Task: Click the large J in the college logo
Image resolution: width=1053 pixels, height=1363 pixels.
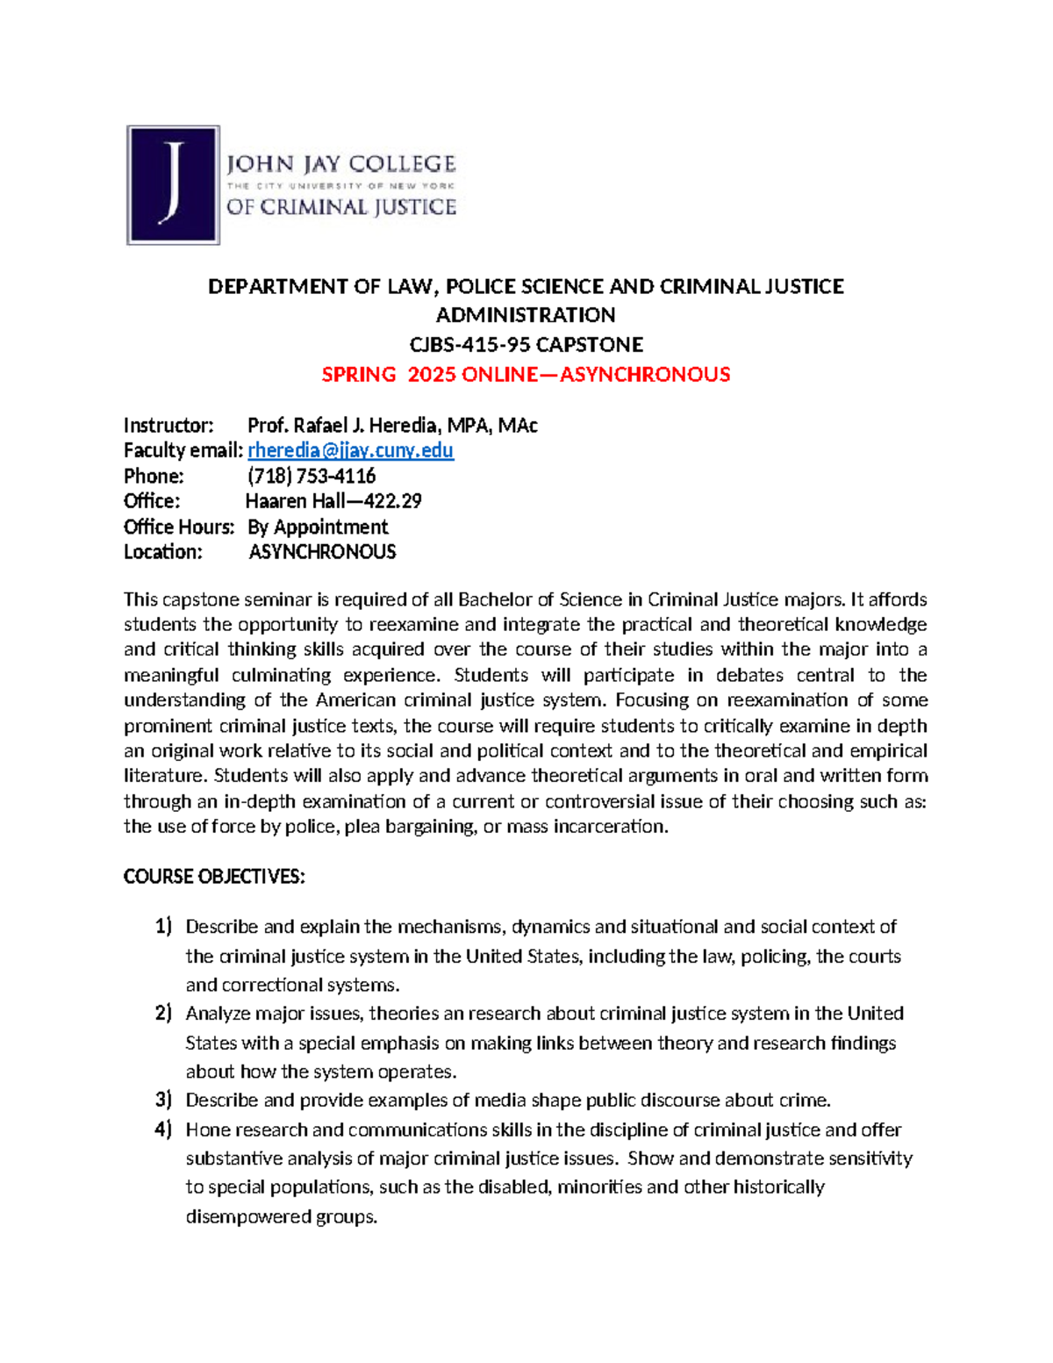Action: (174, 184)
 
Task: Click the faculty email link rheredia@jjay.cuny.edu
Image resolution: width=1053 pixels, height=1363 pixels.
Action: (350, 451)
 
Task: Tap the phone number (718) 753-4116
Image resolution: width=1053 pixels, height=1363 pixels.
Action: (312, 477)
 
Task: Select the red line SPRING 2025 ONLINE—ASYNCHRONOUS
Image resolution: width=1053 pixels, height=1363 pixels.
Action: (526, 375)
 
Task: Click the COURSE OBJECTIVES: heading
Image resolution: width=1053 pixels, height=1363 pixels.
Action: (214, 877)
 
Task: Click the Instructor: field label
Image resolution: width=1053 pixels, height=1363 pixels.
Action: (168, 426)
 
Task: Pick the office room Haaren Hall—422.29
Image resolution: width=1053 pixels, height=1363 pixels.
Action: (333, 501)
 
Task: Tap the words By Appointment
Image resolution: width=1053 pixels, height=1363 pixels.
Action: (318, 527)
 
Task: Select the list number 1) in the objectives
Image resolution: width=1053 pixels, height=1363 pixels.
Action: (164, 927)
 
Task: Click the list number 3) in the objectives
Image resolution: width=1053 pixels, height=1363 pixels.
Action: (164, 1101)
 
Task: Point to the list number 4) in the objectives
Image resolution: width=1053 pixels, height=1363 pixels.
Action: (164, 1130)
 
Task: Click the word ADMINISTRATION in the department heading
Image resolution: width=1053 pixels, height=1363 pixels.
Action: (526, 315)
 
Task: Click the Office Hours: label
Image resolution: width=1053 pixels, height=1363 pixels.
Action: (179, 527)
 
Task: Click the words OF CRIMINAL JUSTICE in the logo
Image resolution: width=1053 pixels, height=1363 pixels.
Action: (341, 207)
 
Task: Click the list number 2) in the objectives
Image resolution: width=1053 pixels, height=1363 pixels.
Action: (164, 1014)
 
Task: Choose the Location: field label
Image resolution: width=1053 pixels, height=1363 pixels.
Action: (163, 552)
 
